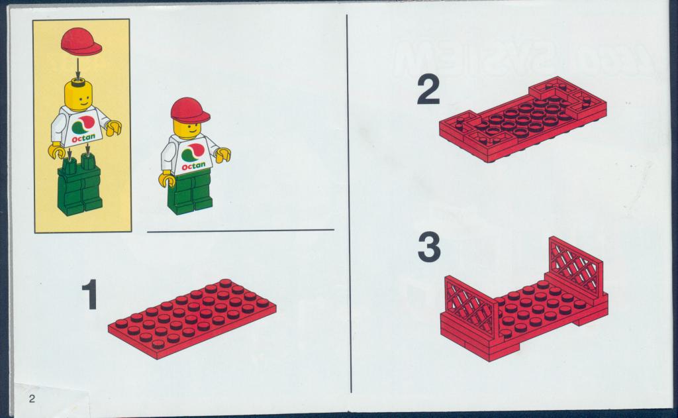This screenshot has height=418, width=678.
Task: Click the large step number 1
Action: tap(90, 295)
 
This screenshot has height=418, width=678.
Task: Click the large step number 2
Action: tap(428, 90)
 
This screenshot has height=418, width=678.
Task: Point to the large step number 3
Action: tap(429, 248)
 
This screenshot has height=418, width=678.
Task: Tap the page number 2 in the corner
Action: tap(32, 398)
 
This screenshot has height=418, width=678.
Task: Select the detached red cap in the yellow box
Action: tap(81, 42)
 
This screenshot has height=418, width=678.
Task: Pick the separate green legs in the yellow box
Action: tap(80, 186)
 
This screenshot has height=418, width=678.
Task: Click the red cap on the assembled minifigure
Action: tap(189, 110)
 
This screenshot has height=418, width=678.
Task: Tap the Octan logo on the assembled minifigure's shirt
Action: tap(193, 156)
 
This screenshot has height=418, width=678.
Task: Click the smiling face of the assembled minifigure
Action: tap(187, 129)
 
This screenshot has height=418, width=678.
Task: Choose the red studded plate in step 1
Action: tap(193, 319)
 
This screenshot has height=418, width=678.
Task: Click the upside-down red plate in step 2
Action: tap(523, 119)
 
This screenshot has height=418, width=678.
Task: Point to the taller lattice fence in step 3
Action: tap(575, 267)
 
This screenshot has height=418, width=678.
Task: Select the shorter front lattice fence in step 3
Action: tap(471, 305)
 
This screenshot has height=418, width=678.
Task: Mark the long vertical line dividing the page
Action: tap(349, 203)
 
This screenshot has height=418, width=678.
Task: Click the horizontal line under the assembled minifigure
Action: tap(240, 231)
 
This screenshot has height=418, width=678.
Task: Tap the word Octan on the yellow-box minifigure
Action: tap(83, 138)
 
